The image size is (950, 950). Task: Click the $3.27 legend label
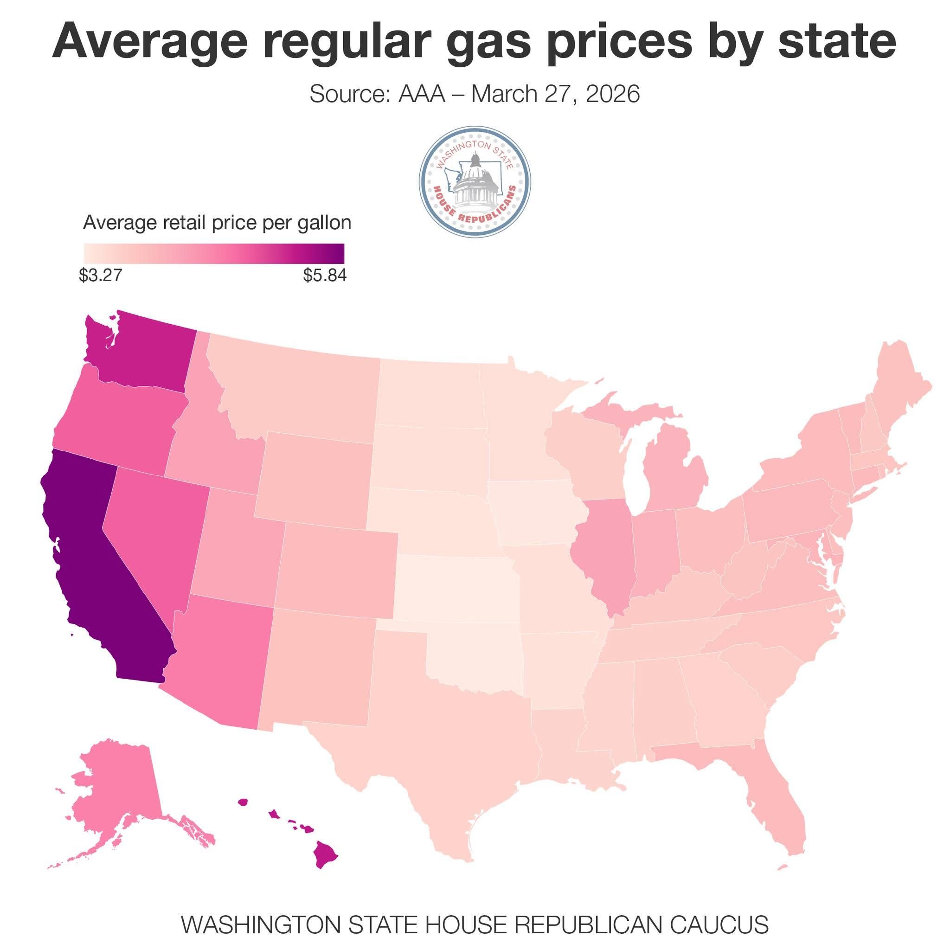[100, 276]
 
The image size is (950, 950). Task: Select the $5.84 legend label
[325, 276]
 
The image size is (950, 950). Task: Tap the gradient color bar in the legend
[214, 254]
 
